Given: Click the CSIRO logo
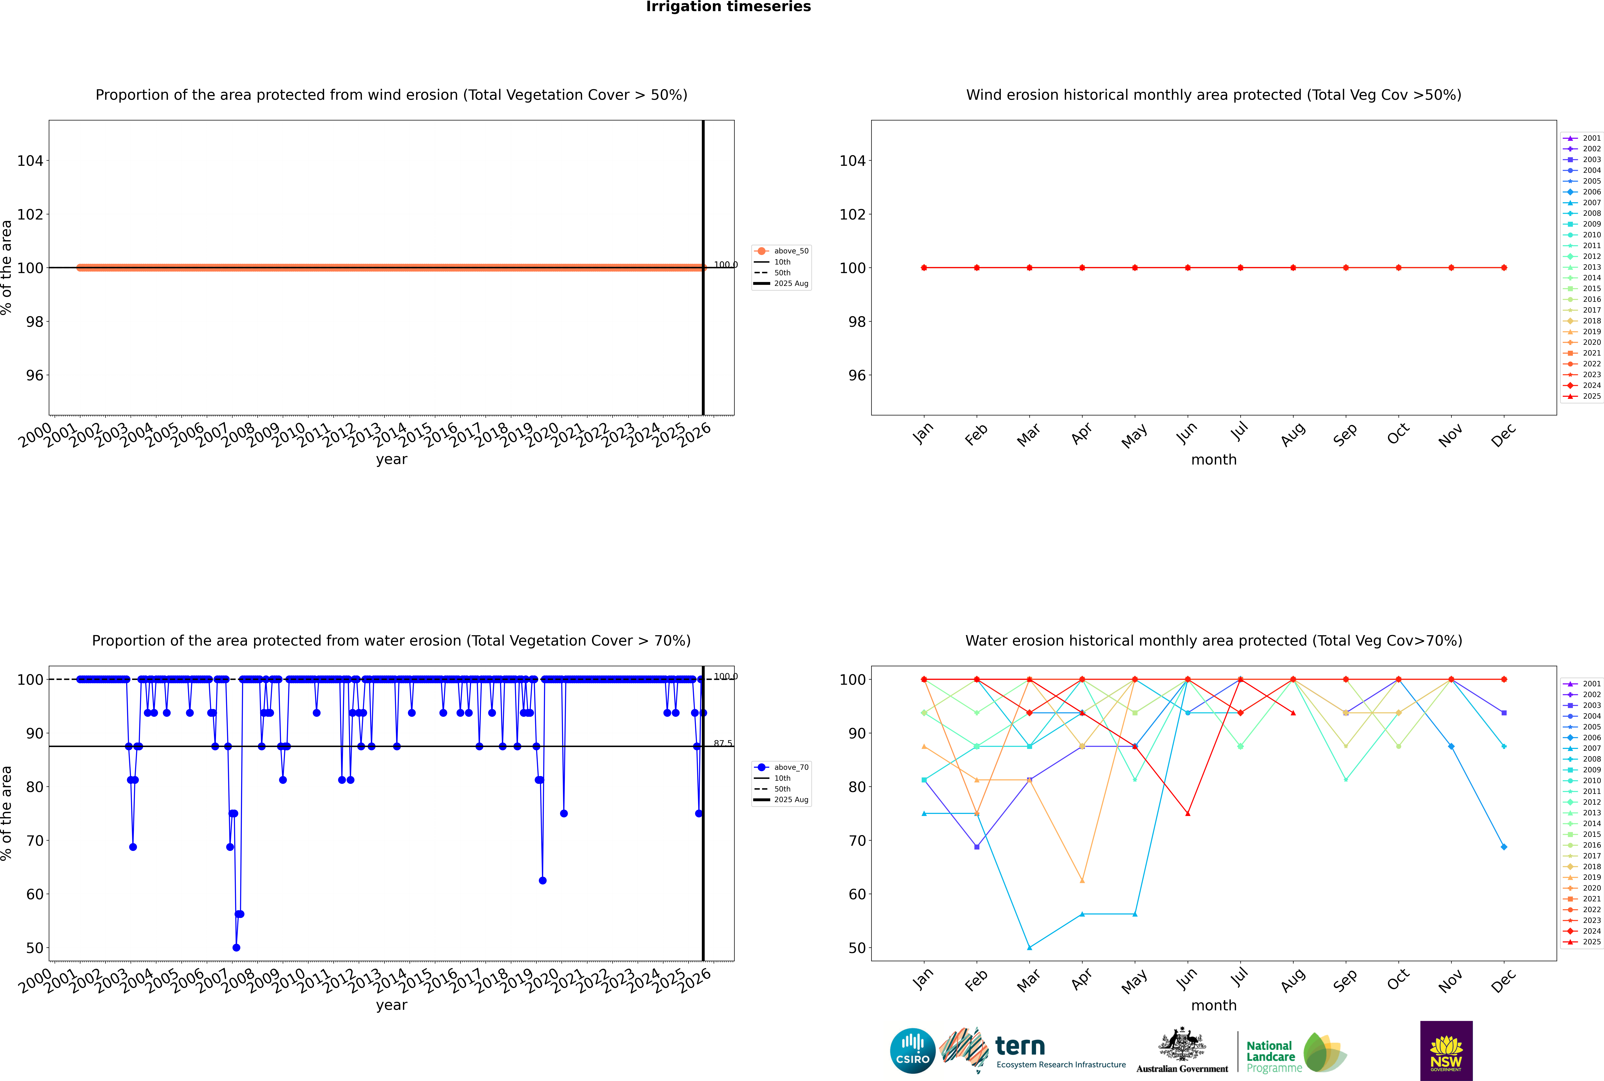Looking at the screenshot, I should (912, 1051).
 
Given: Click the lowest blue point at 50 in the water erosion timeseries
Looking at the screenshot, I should (237, 947).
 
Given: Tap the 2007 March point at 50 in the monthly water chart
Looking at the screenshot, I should (1030, 947).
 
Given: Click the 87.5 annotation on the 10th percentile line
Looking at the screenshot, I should (723, 743).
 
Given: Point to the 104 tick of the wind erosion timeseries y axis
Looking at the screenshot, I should (30, 161).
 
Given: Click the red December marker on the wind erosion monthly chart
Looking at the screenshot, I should (1504, 267).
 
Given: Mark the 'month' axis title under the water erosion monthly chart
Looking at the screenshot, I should (1214, 1005).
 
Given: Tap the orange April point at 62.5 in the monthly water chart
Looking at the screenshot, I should (1082, 880).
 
